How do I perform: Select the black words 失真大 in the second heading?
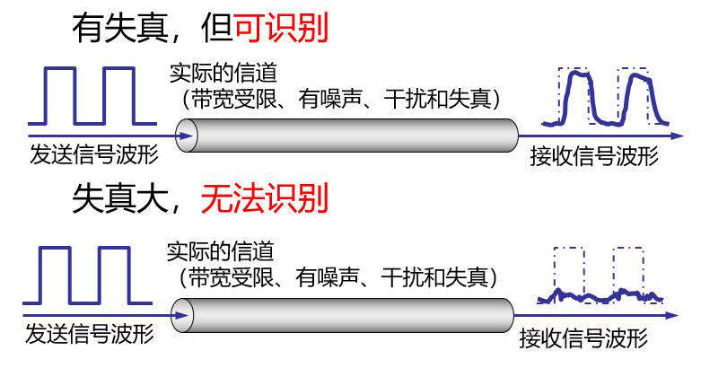point(117,197)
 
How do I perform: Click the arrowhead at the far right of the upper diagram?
point(677,137)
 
